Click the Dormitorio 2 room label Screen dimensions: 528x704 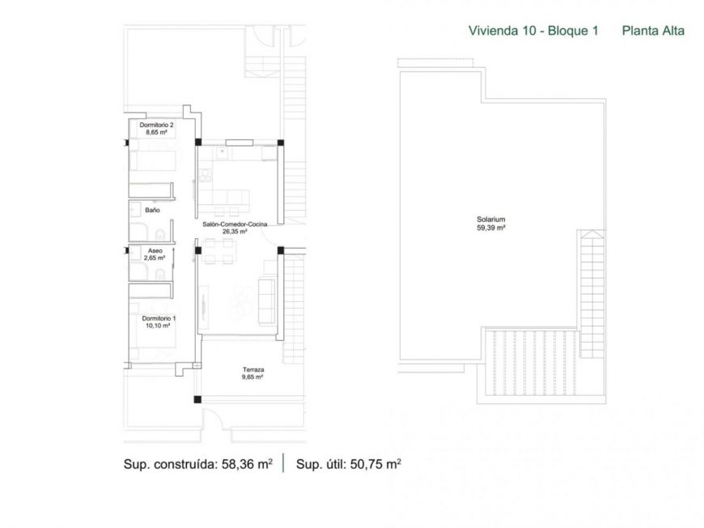coord(157,125)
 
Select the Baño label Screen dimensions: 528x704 coord(152,211)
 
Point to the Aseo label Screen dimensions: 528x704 coord(154,251)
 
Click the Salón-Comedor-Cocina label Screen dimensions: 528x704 coord(234,224)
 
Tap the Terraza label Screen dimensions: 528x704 coord(253,369)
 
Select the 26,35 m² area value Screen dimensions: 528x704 coord(234,231)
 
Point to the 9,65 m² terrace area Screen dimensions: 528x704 coord(253,377)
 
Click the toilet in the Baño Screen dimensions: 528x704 coord(161,235)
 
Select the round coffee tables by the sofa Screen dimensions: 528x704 coord(240,304)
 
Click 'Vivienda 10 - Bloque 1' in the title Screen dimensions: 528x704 coord(533,32)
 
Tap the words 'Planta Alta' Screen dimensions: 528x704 coord(653,32)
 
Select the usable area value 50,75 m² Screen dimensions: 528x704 coord(375,465)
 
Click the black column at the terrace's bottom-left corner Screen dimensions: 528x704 coord(197,398)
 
